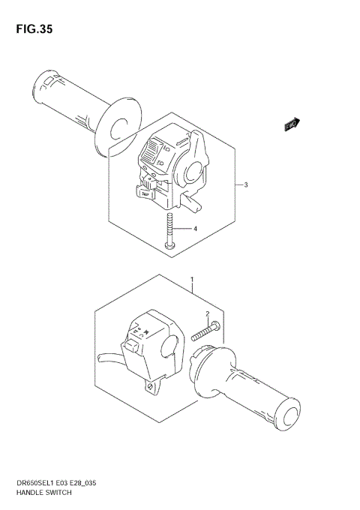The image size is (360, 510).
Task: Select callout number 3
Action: pos(245,185)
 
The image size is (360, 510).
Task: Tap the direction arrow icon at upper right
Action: pos(292,125)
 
